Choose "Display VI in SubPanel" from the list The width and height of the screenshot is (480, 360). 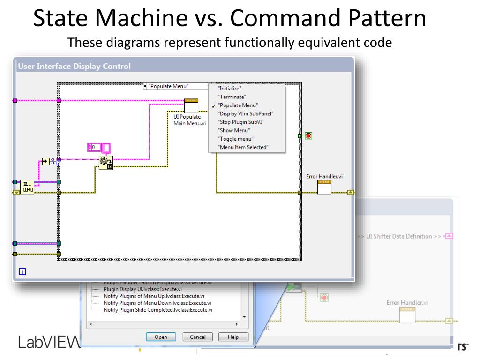point(246,113)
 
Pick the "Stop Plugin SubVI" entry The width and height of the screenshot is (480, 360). point(241,122)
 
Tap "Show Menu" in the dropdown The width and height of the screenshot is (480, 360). point(234,130)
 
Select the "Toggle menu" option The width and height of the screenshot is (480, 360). point(236,139)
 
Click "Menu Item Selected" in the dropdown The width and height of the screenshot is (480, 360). point(243,147)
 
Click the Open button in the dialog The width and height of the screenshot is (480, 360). point(161,337)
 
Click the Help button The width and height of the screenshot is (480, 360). point(233,337)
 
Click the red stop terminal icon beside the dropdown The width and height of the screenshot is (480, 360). point(308,136)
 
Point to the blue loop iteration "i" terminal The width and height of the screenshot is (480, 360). point(22,271)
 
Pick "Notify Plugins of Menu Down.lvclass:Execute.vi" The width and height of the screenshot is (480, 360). point(157,303)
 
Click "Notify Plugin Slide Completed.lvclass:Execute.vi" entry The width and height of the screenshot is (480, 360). point(158,310)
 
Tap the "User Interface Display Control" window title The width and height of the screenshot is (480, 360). point(74,67)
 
